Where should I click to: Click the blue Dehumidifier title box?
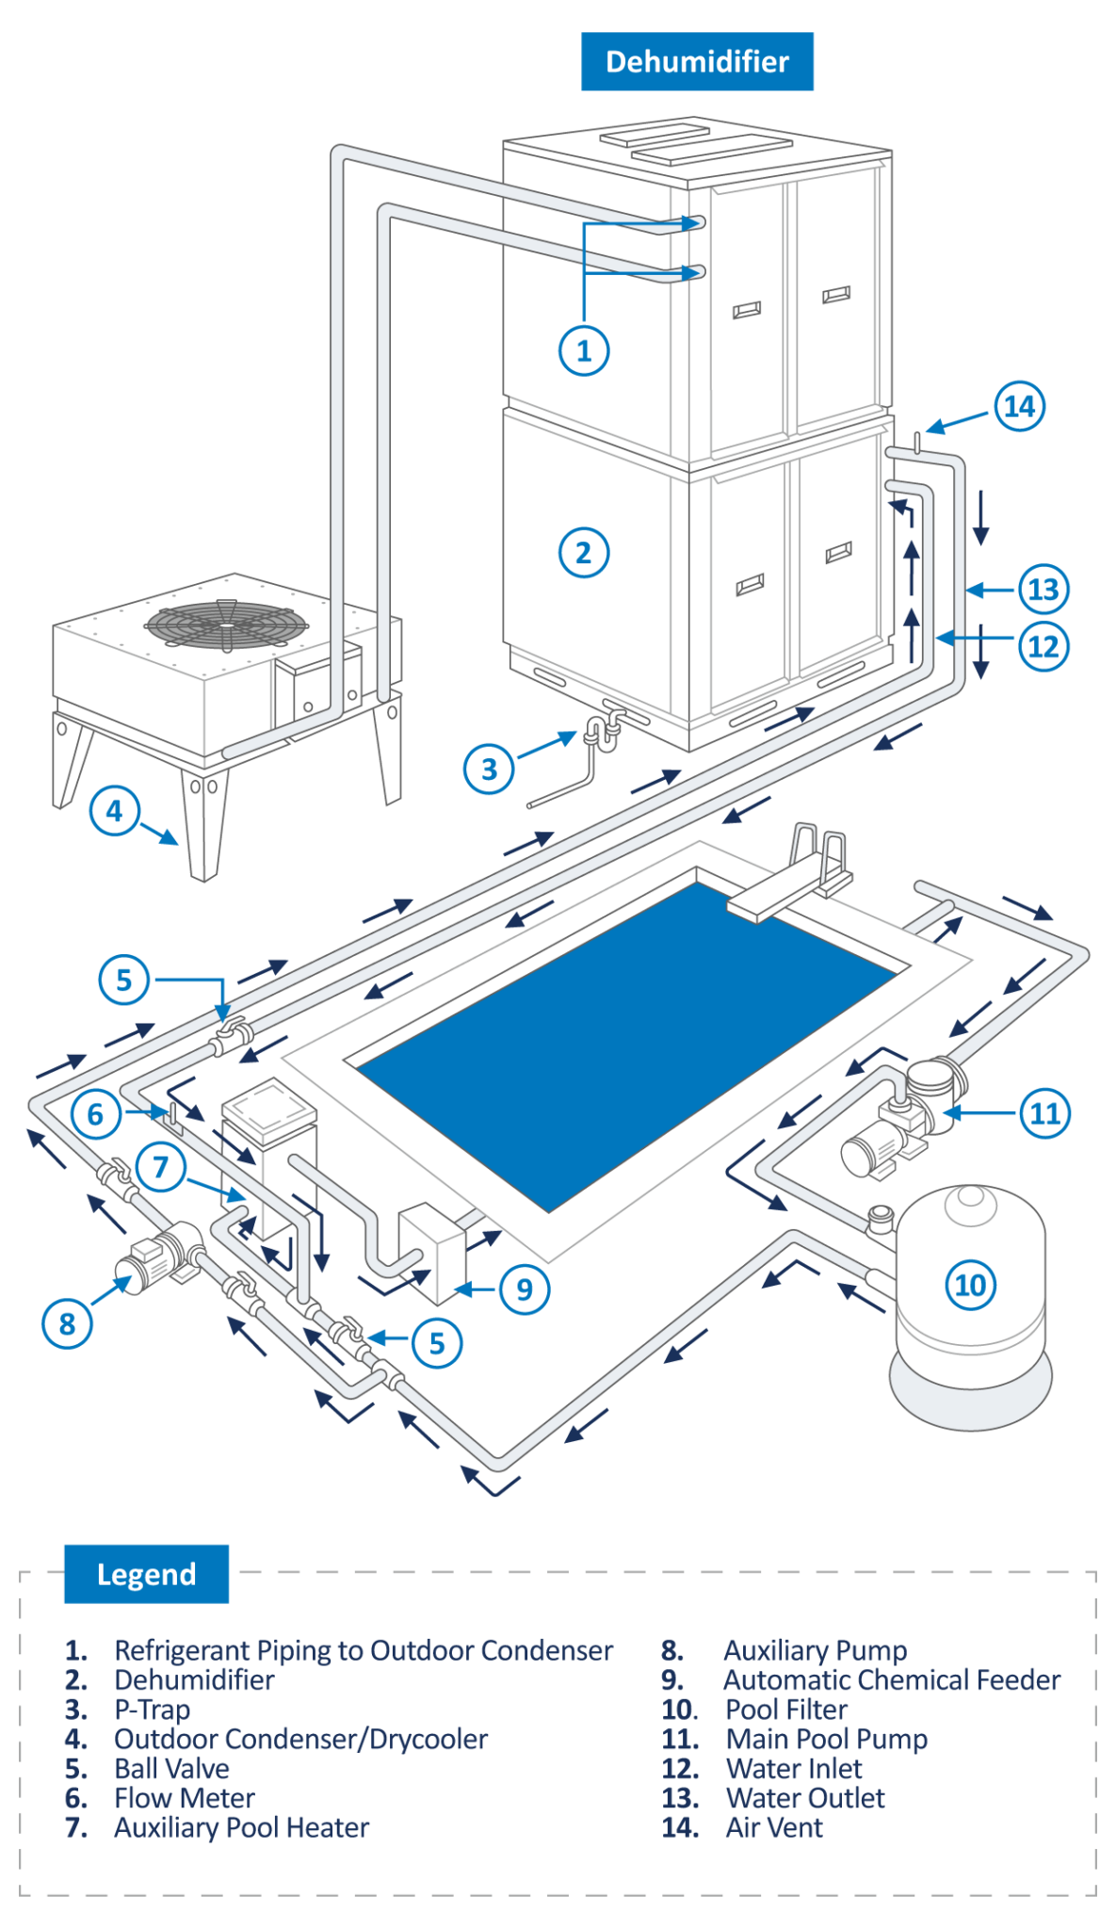point(697,61)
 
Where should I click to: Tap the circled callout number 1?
point(584,350)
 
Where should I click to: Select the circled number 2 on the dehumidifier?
point(584,553)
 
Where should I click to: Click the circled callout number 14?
point(1020,406)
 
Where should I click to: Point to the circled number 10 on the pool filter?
point(970,1285)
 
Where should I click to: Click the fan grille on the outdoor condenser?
point(226,624)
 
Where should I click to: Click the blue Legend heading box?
point(146,1574)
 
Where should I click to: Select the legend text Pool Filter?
point(786,1710)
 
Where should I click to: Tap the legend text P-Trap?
point(153,1710)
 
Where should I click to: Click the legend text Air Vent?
point(774,1827)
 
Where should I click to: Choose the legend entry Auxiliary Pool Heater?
point(241,1827)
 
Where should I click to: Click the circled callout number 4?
point(115,810)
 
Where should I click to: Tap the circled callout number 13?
point(1043,590)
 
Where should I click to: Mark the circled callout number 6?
point(95,1114)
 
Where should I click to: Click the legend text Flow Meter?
point(185,1798)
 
